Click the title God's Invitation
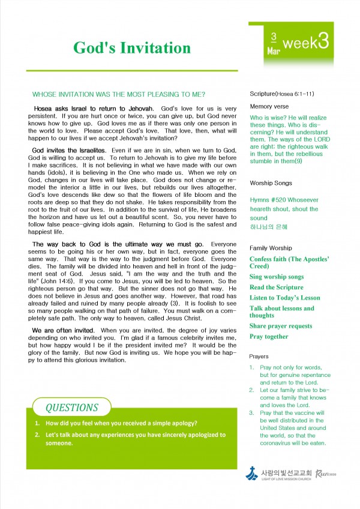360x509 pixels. pyautogui.click(x=132, y=48)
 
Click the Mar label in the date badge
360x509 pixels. pyautogui.click(x=273, y=52)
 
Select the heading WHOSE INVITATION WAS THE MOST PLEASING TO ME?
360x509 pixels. pyautogui.click(x=119, y=94)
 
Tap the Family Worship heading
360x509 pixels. pyautogui.click(x=271, y=248)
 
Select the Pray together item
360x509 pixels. pyautogui.click(x=269, y=336)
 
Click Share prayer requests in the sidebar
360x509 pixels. pyautogui.click(x=281, y=326)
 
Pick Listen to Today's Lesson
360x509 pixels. pyautogui.click(x=285, y=298)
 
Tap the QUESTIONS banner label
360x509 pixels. pyautogui.click(x=72, y=408)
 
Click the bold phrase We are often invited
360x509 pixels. pyautogui.click(x=63, y=331)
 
